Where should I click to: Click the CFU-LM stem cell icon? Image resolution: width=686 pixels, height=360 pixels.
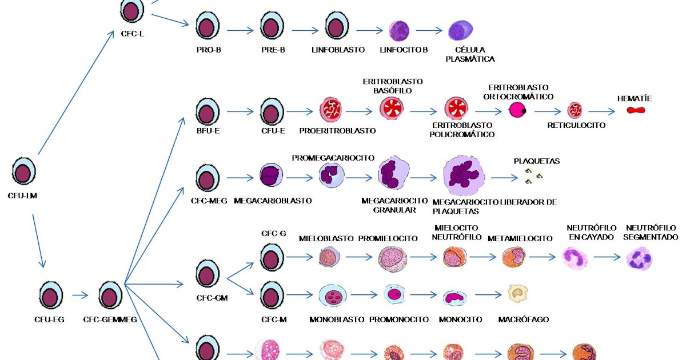point(24,172)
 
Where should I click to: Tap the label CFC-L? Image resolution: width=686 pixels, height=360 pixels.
point(133,34)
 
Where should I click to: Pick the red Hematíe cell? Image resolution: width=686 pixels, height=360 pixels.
point(635,110)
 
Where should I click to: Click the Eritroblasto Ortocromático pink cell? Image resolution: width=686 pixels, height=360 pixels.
point(518,110)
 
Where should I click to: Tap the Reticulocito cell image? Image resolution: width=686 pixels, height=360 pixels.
point(575,110)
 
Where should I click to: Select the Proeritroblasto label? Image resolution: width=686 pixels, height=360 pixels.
point(337,130)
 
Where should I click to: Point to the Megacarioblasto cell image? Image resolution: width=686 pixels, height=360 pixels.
point(272,177)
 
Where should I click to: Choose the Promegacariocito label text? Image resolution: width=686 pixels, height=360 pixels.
point(333,158)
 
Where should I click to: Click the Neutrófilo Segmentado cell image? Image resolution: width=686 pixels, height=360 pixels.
point(639,258)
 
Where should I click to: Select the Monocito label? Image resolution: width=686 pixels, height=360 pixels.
point(460,319)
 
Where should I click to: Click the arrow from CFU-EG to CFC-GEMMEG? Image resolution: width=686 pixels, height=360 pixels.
point(81,295)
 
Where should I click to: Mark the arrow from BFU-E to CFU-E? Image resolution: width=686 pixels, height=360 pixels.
point(240,111)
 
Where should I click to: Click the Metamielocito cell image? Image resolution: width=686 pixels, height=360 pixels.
point(513,258)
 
